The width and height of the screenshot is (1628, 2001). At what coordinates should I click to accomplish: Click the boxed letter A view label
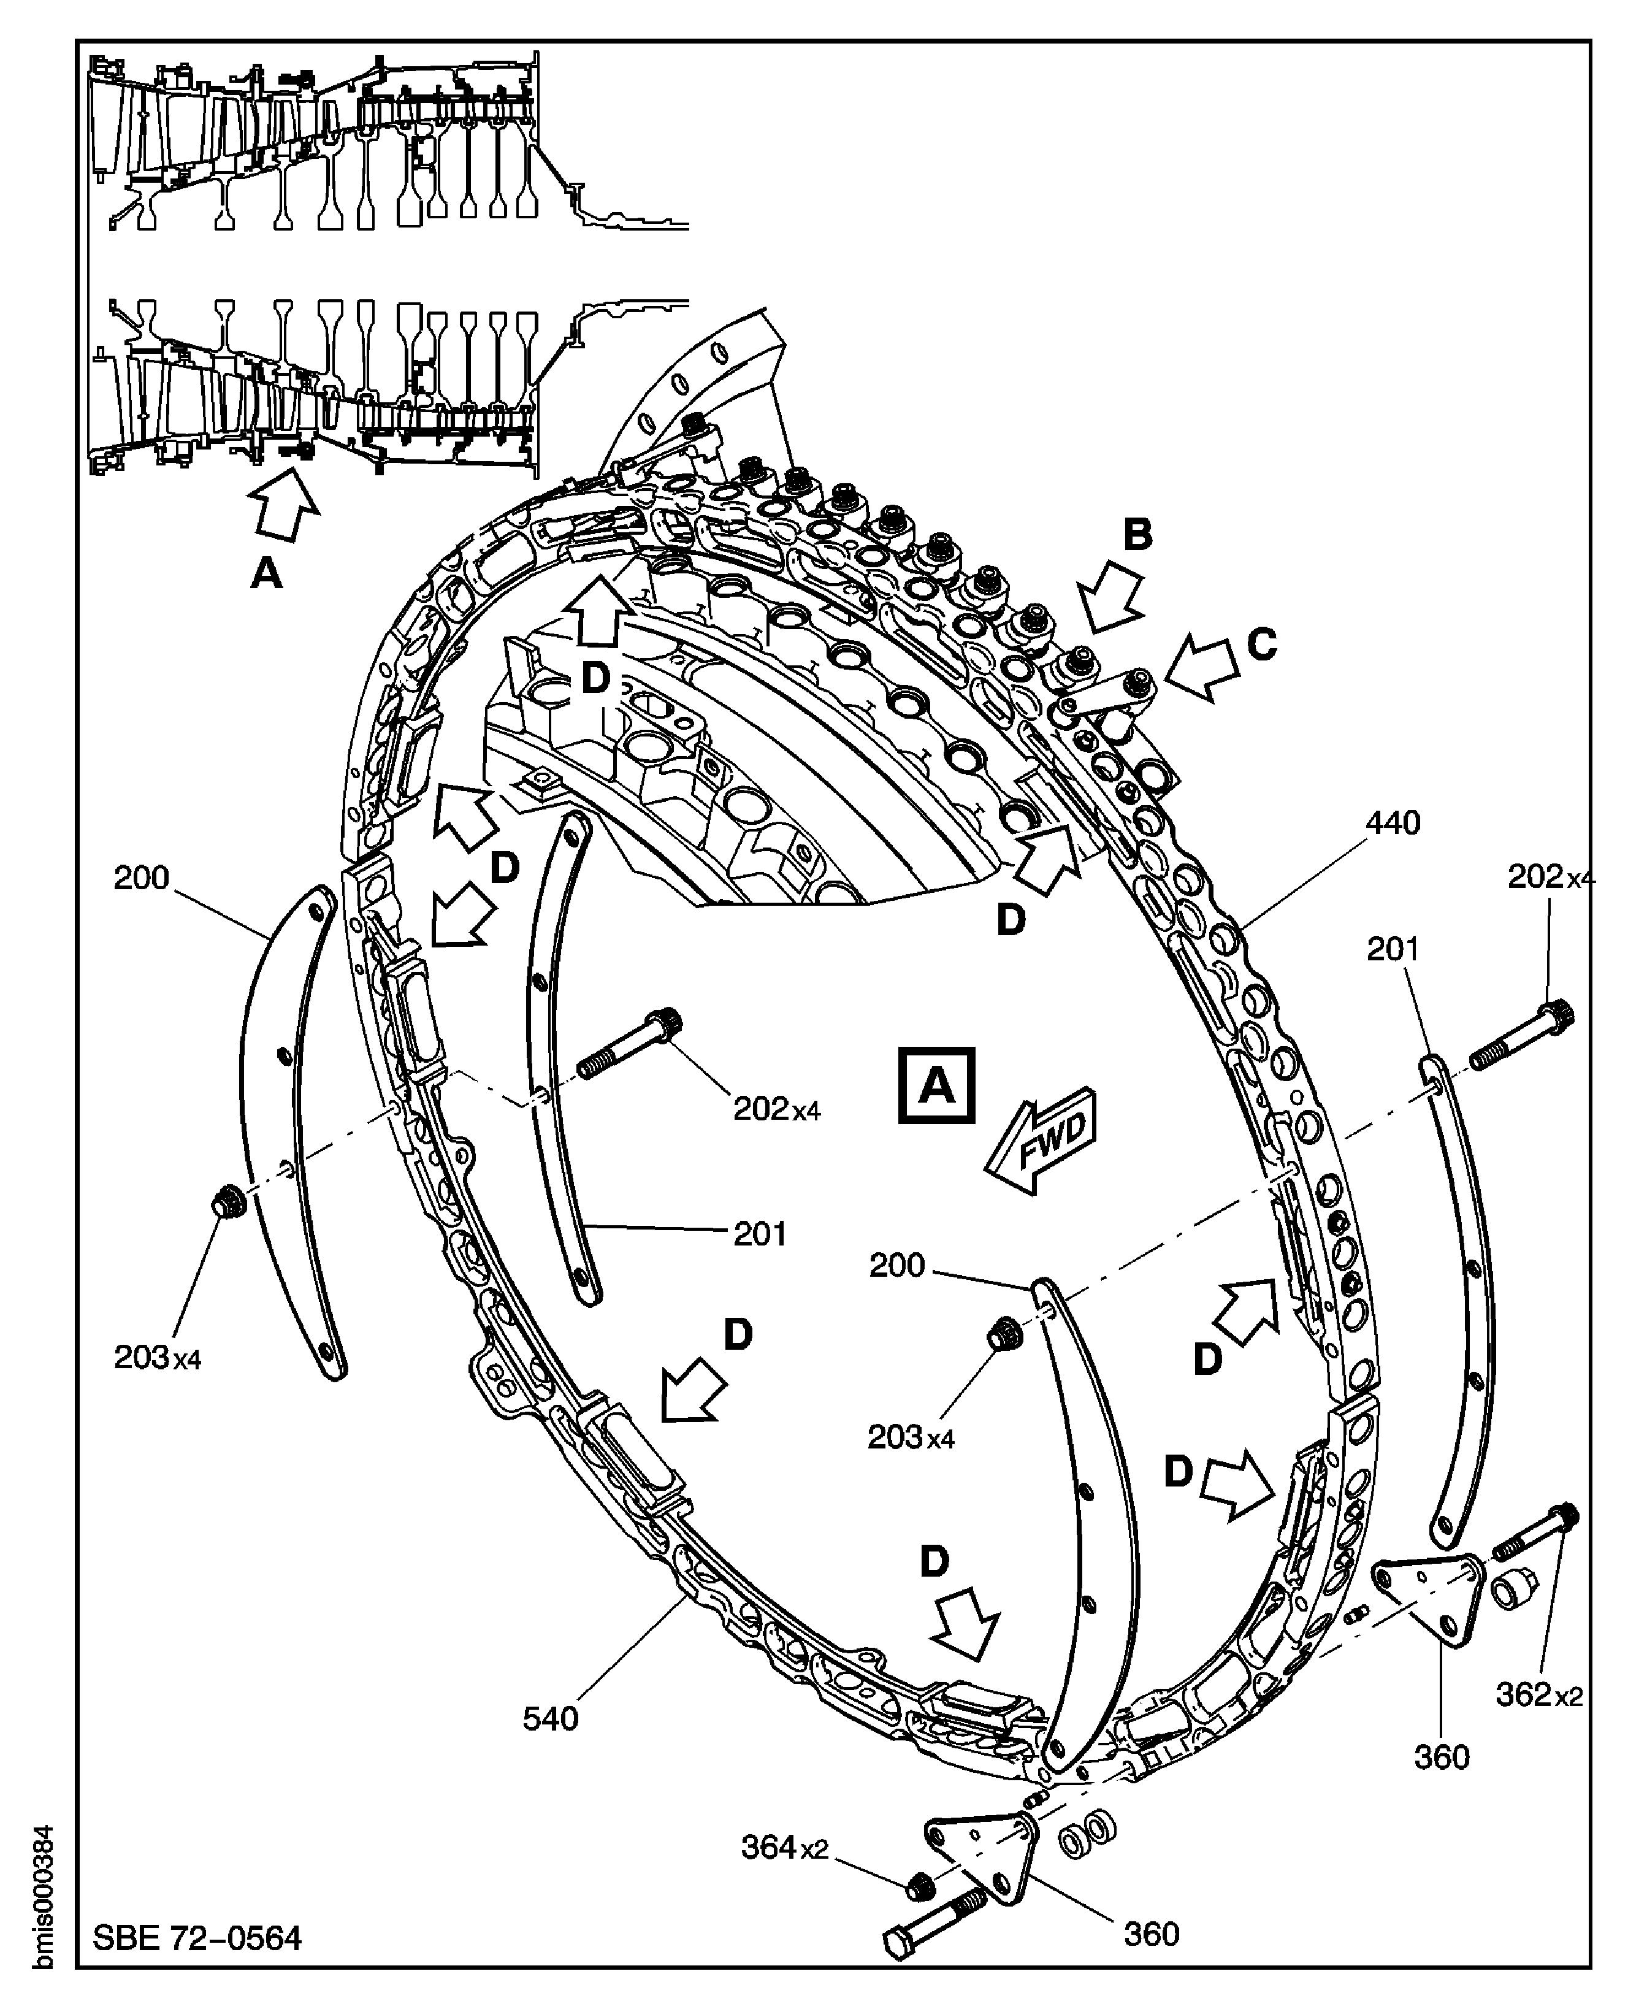point(936,1085)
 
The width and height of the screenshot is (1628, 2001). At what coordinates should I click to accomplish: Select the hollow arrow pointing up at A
point(286,503)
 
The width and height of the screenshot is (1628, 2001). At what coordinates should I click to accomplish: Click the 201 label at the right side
point(1393,950)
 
